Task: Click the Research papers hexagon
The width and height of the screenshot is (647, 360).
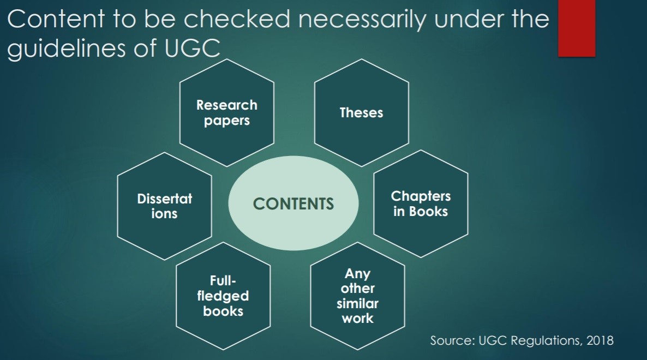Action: point(227,112)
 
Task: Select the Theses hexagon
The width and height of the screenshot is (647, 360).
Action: point(361,112)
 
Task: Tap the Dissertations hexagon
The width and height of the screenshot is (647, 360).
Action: point(165,206)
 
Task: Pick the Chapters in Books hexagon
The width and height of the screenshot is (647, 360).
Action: point(421,203)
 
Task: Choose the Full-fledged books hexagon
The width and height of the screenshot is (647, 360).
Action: point(223,296)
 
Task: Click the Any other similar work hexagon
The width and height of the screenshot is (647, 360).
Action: point(357,296)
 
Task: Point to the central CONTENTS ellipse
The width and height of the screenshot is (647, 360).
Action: point(293,204)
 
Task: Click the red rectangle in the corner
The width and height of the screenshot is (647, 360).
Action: point(577,28)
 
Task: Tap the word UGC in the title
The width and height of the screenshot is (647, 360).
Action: point(193,48)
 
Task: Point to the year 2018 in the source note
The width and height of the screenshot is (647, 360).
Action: point(600,340)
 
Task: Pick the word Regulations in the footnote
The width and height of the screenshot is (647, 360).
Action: point(539,340)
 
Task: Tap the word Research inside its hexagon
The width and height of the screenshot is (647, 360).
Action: point(227,105)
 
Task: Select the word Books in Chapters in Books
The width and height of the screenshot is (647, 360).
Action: point(428,211)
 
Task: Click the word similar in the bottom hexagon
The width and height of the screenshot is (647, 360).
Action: point(357,303)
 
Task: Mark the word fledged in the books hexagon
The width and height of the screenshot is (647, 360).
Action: point(223,296)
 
